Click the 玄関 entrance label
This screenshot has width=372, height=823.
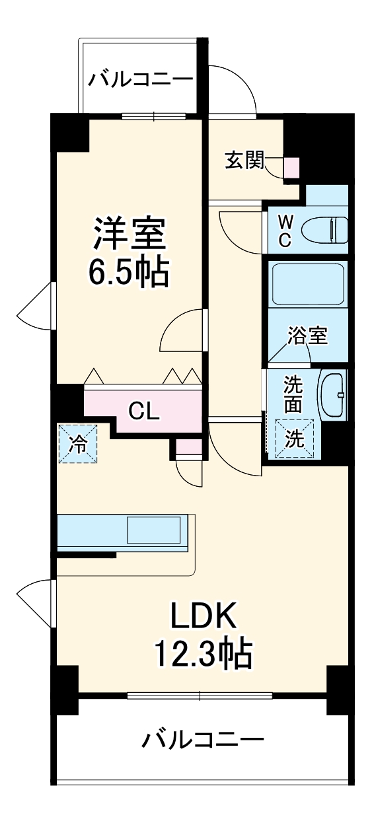[x=244, y=160]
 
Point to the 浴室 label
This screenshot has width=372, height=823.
[x=307, y=336]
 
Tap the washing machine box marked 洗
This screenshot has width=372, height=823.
[x=294, y=439]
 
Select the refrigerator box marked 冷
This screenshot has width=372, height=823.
[x=78, y=443]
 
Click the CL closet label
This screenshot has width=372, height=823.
[x=143, y=411]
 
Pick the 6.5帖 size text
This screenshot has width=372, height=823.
[x=129, y=271]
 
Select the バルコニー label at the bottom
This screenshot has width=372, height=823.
[x=203, y=738]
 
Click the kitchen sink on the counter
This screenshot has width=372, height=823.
[x=154, y=530]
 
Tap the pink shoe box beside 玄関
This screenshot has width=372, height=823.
[x=291, y=168]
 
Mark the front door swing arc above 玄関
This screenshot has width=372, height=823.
[x=235, y=89]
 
